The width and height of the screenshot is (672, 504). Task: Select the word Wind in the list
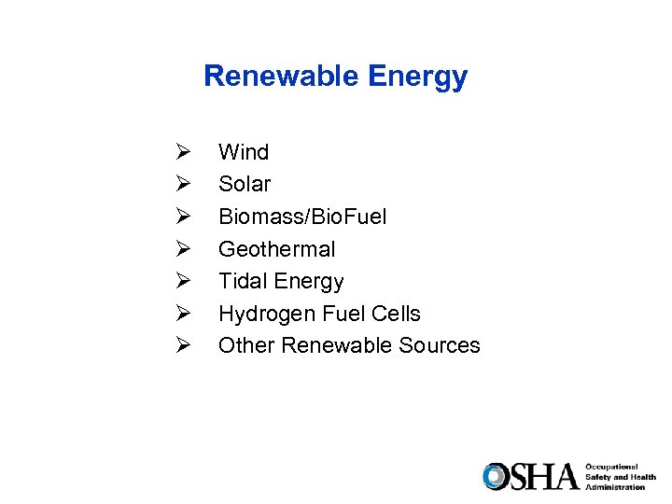244,152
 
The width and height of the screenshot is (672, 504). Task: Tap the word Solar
245,184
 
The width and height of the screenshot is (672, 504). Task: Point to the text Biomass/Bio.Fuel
302,217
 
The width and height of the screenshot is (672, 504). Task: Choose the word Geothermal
276,249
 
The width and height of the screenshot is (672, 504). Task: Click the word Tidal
242,281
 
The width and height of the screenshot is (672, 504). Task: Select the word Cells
396,314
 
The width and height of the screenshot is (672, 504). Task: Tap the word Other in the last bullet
246,345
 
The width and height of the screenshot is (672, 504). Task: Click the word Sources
439,345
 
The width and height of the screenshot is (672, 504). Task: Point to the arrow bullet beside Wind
182,152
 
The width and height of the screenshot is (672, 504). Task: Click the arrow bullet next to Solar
182,184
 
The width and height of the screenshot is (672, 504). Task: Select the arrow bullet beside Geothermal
182,249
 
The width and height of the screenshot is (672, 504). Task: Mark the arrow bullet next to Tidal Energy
182,281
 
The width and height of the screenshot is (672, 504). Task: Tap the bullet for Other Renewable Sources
182,345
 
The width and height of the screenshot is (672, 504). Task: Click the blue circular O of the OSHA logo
496,476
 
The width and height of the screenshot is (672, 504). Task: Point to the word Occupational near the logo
612,467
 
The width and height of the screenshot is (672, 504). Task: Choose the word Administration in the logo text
615,487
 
